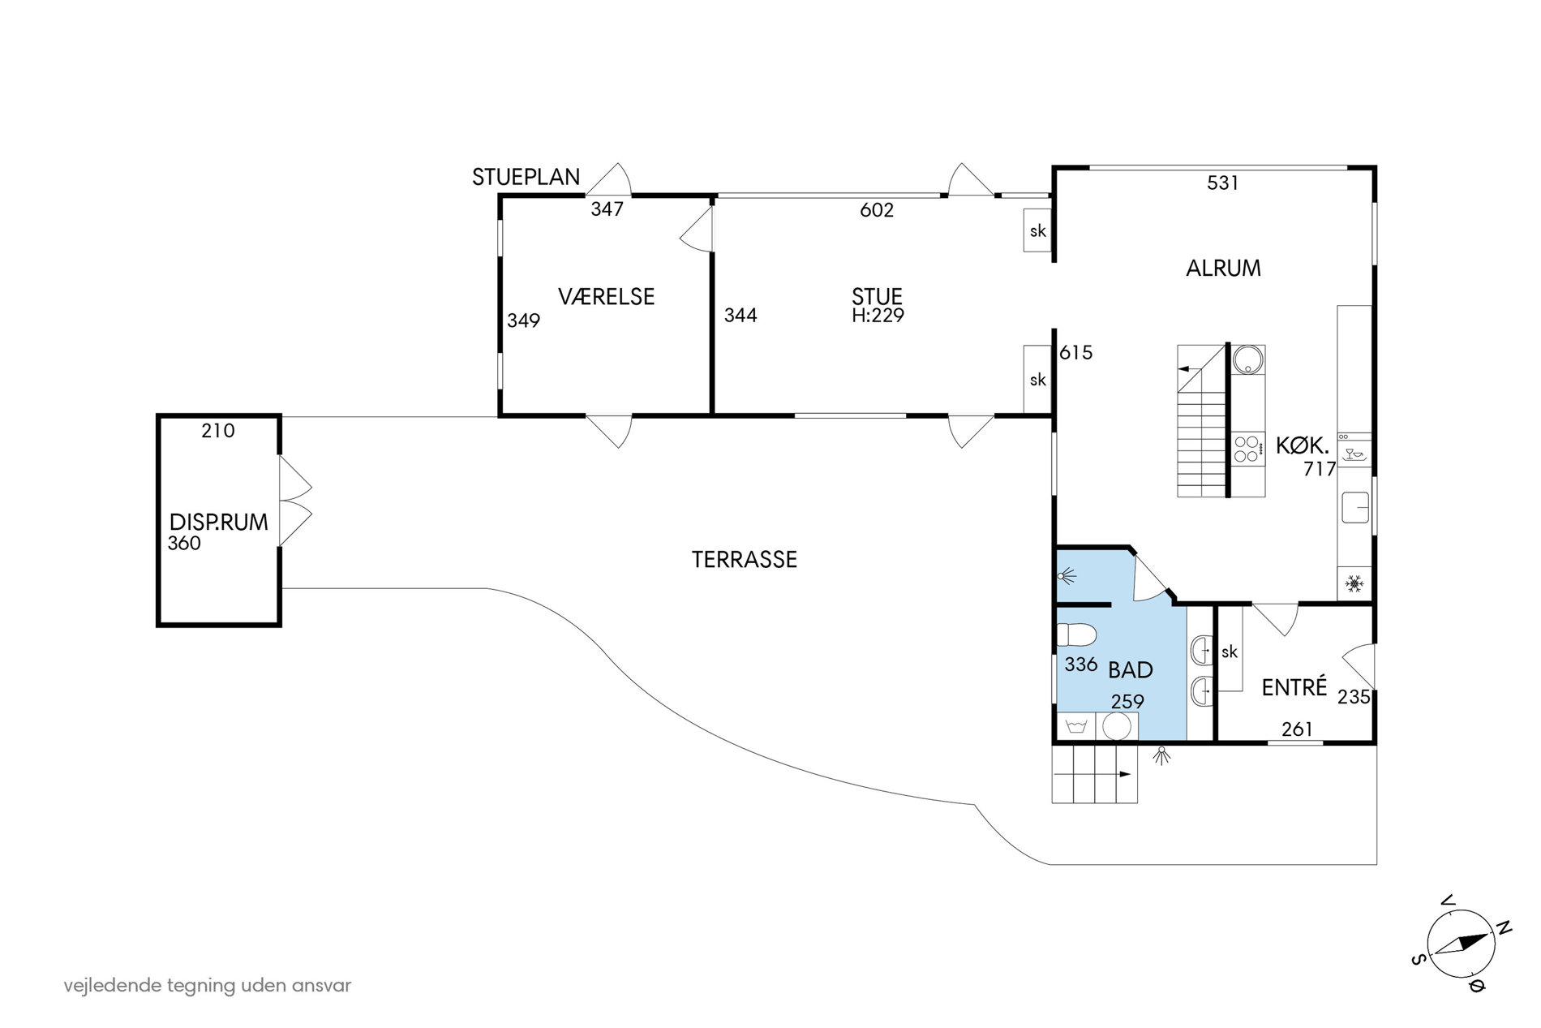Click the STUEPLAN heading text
click(x=526, y=177)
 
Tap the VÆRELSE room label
click(x=607, y=297)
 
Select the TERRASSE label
click(x=745, y=560)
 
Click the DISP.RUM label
click(x=219, y=523)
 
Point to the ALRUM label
click(x=1223, y=269)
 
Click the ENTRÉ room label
click(x=1294, y=687)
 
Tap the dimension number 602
click(x=877, y=210)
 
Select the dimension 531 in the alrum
click(x=1223, y=183)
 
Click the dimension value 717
click(x=1320, y=469)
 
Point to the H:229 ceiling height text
click(x=878, y=316)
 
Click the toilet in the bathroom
click(x=1076, y=634)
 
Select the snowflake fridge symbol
click(x=1354, y=583)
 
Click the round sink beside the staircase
click(x=1247, y=359)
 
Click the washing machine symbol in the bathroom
click(x=1076, y=726)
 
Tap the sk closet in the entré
click(x=1230, y=651)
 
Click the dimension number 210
click(x=218, y=431)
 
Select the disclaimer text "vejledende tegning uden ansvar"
click(x=208, y=986)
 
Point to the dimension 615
click(x=1076, y=353)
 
